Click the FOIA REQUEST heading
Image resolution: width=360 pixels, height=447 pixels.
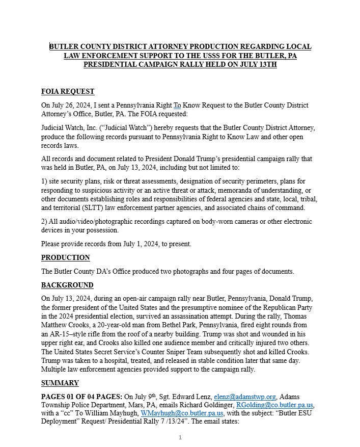[x=68, y=92]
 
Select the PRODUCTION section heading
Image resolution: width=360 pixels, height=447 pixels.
[x=66, y=257]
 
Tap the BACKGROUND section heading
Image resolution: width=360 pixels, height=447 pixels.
[x=67, y=285]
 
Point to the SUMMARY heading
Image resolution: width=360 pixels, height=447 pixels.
[x=60, y=383]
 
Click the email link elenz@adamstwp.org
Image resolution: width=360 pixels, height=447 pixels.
[x=245, y=396]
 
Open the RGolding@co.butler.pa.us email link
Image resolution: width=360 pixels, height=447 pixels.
[x=275, y=405]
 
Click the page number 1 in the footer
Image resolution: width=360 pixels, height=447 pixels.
[x=180, y=437]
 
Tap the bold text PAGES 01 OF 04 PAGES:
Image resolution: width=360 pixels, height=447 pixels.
[x=82, y=396]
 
